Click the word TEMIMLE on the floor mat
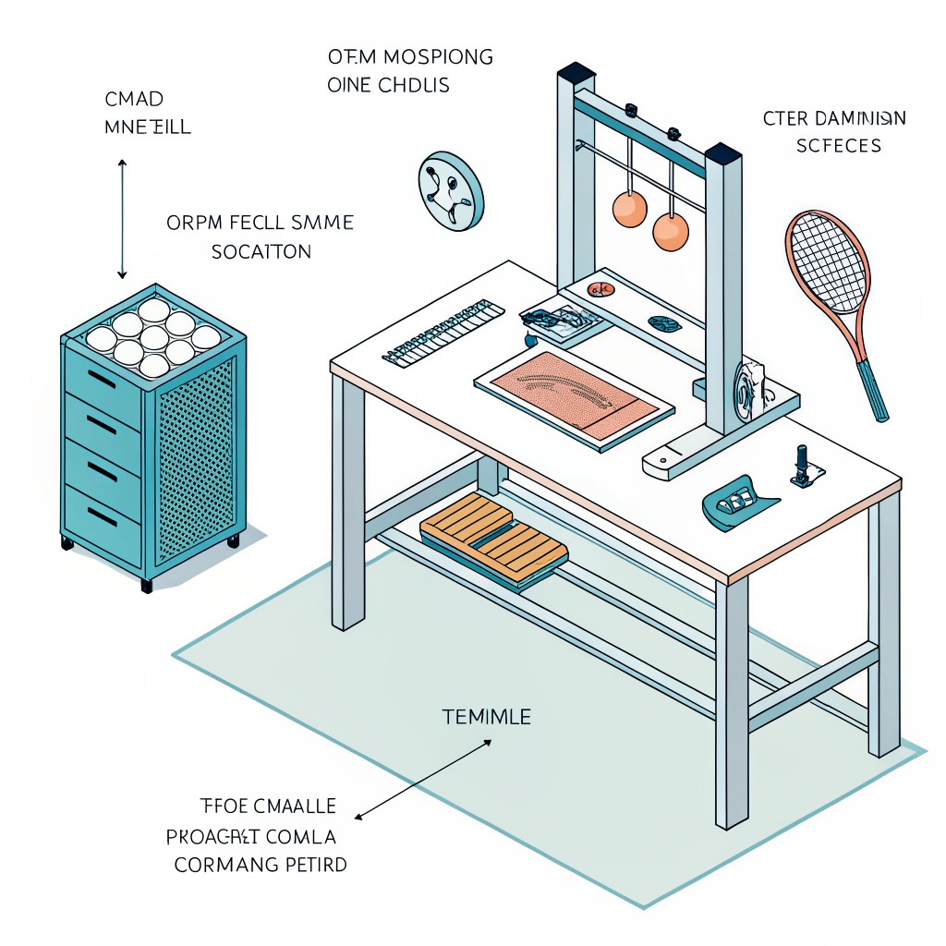click(486, 716)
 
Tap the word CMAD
click(135, 99)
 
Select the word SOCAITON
click(261, 251)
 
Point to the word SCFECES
click(838, 145)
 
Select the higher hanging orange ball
click(630, 209)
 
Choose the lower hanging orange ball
click(671, 232)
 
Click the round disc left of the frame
click(450, 191)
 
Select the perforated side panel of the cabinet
click(196, 462)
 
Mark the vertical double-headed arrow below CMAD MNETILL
click(122, 218)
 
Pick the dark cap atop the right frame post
click(723, 151)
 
